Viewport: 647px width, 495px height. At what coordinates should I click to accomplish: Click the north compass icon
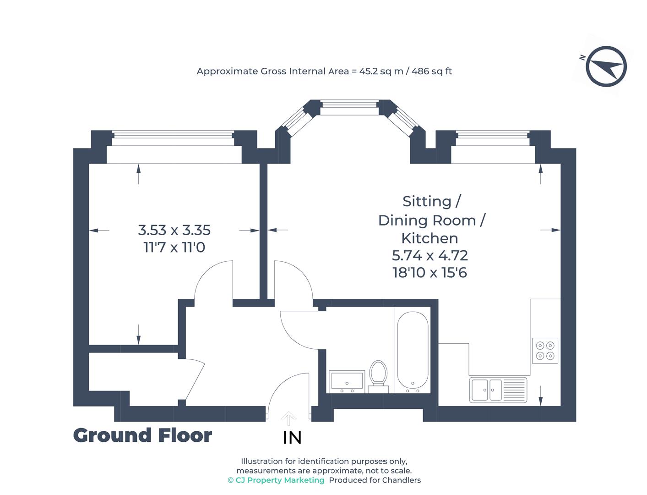click(x=606, y=66)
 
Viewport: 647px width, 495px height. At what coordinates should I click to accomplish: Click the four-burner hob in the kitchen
click(x=545, y=351)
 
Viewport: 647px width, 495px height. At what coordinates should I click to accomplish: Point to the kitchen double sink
click(x=498, y=390)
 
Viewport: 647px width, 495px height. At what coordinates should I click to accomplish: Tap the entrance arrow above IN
click(x=288, y=418)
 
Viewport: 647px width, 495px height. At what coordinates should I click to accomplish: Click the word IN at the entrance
click(x=292, y=438)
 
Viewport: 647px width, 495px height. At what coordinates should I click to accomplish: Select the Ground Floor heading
click(x=142, y=435)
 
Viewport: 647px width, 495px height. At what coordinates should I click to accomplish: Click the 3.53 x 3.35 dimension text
click(x=174, y=230)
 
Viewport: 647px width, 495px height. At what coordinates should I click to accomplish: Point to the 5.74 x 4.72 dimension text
click(x=430, y=255)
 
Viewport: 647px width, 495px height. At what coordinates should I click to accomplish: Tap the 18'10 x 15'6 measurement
click(x=430, y=273)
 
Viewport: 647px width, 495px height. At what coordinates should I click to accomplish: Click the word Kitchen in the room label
click(x=430, y=238)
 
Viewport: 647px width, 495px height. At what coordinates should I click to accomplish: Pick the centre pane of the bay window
click(x=349, y=109)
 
